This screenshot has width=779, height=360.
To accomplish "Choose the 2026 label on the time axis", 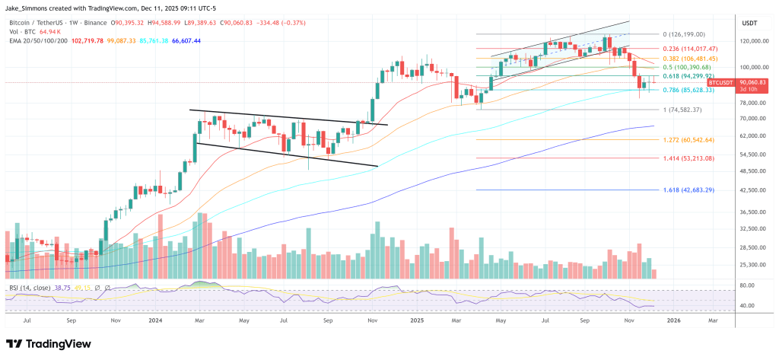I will click(673, 321).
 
